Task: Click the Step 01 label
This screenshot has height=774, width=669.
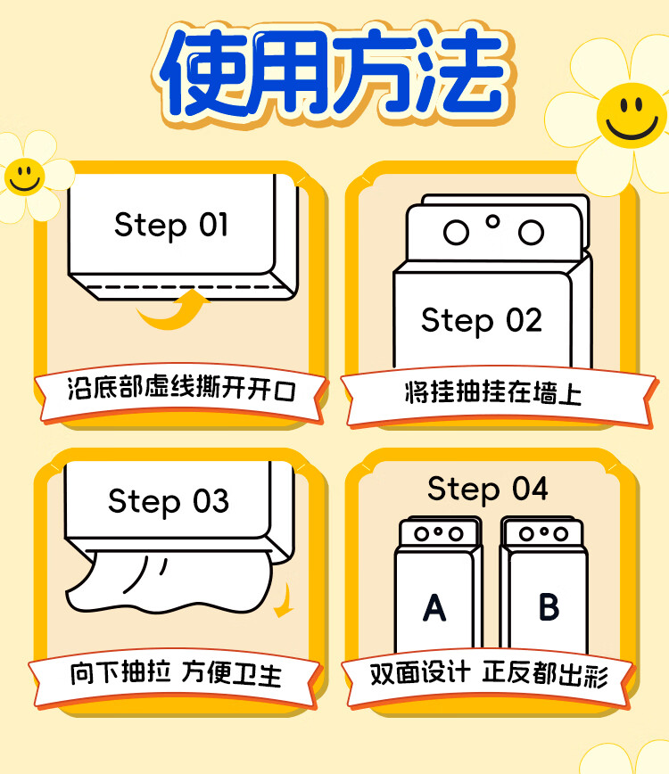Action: (171, 225)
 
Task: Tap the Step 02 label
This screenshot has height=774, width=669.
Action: (482, 320)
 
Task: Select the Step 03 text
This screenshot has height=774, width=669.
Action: (169, 501)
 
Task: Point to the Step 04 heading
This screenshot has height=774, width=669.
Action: (487, 489)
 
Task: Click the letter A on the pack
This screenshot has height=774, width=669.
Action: (434, 608)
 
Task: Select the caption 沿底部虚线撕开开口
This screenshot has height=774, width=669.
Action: (180, 390)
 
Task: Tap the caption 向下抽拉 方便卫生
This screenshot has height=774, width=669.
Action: (176, 673)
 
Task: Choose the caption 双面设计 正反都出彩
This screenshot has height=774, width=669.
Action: (489, 674)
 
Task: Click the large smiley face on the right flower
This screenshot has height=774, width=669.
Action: (630, 113)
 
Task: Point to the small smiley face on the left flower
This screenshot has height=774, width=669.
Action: (24, 176)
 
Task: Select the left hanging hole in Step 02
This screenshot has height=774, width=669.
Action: (456, 233)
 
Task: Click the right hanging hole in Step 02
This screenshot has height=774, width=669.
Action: (532, 233)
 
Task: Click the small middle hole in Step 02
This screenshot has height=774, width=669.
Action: (493, 220)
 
